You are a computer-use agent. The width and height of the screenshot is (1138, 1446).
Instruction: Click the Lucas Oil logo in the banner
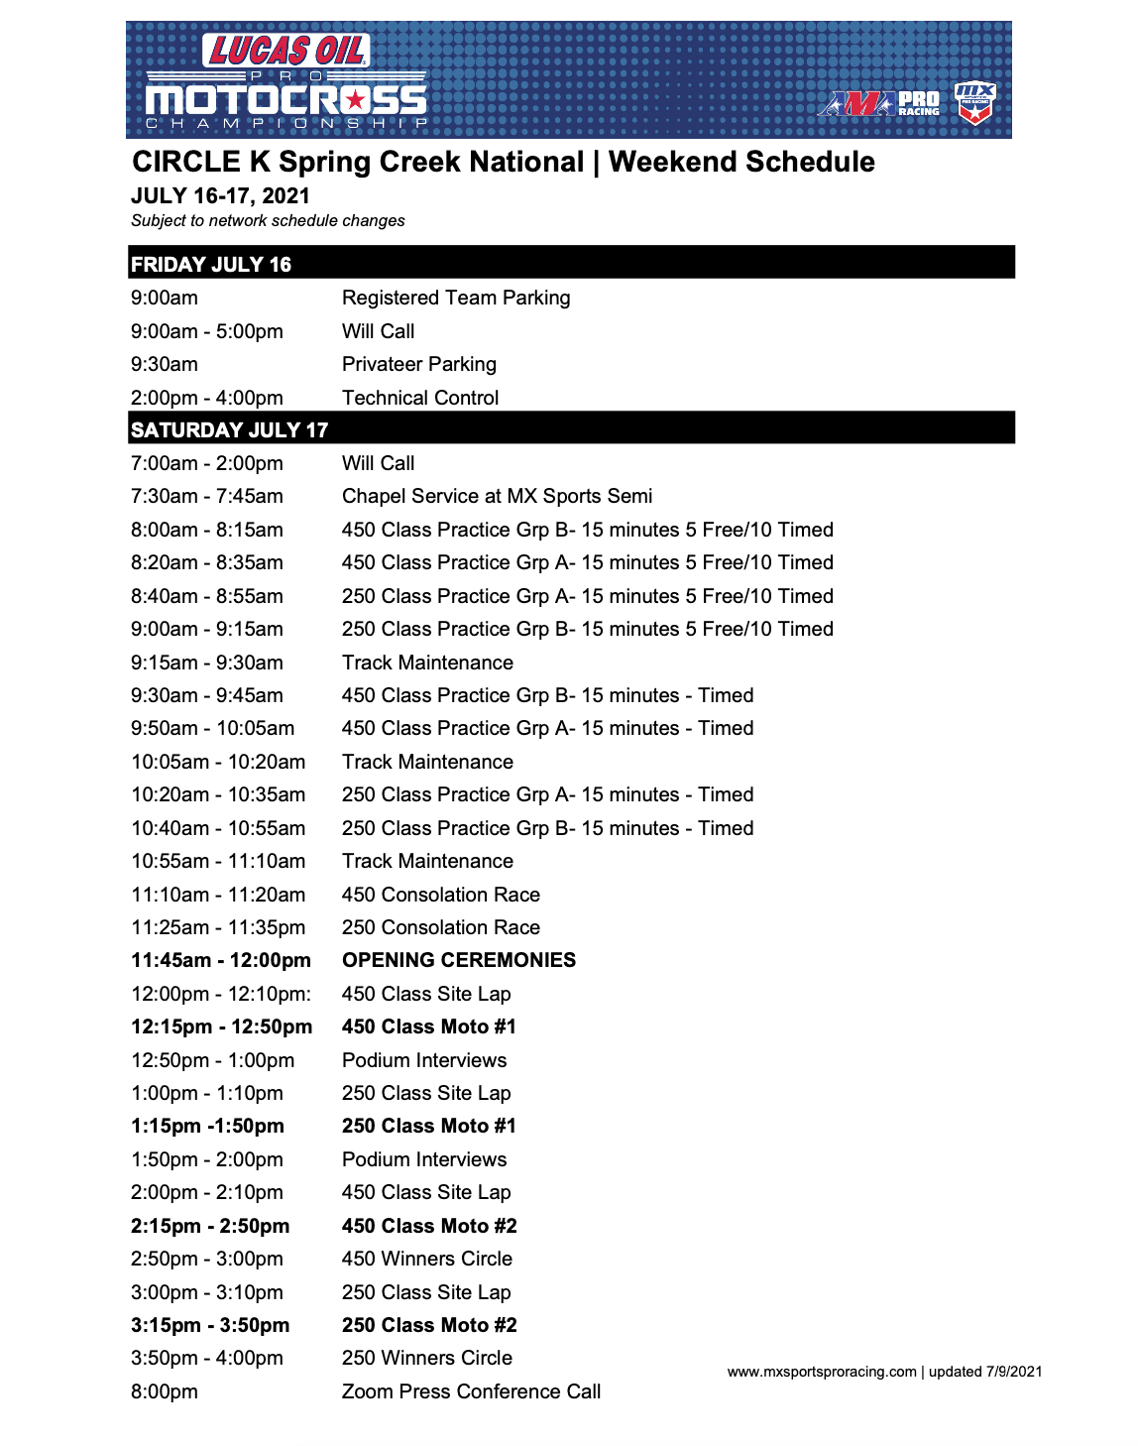point(286,51)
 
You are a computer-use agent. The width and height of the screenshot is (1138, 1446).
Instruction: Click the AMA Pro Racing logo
point(878,103)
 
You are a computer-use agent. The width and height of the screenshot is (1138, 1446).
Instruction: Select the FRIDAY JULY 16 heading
point(211,265)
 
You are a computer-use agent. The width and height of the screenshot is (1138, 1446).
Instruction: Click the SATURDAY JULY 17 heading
point(229,430)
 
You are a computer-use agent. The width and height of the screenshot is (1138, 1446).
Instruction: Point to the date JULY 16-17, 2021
point(220,196)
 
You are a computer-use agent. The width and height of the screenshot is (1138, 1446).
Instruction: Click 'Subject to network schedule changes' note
point(268,221)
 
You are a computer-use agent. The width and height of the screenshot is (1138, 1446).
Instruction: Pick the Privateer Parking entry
point(418,364)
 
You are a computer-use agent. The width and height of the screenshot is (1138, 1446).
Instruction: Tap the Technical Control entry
point(420,398)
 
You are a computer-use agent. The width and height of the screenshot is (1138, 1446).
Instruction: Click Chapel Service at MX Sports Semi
point(497,496)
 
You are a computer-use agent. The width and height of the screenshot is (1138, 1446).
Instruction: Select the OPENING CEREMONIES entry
point(458,960)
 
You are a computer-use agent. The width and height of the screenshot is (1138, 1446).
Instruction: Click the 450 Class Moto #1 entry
point(428,1026)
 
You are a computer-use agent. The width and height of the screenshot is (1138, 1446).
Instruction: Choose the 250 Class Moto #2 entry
point(429,1325)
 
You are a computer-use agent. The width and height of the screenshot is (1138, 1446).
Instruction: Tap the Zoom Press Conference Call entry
point(471,1391)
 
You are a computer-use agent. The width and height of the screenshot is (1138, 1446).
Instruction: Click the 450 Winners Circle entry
point(426,1259)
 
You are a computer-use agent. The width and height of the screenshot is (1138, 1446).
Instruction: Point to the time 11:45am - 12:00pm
point(221,960)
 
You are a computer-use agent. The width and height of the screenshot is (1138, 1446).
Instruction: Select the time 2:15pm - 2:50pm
point(210,1226)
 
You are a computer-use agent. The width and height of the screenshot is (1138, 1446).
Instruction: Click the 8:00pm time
point(165,1391)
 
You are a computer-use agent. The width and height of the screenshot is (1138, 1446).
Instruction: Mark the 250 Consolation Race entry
point(440,927)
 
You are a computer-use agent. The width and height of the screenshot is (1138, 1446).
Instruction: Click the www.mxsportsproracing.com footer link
point(821,1372)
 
